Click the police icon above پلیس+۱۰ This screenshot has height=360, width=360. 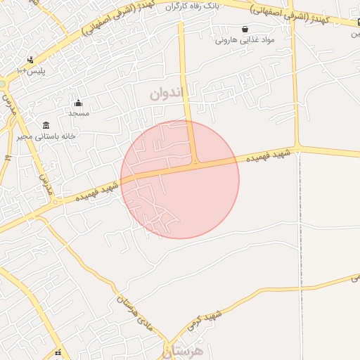(30, 60)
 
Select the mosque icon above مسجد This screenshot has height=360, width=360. (78, 103)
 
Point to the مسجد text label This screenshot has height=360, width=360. (78, 113)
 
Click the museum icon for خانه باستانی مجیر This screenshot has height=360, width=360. (46, 124)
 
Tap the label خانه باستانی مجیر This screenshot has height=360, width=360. (49, 136)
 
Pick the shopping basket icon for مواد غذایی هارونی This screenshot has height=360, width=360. (244, 30)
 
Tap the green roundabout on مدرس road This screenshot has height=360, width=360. (2, 84)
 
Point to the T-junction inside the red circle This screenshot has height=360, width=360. (195, 162)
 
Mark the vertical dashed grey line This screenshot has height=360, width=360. (301, 260)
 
